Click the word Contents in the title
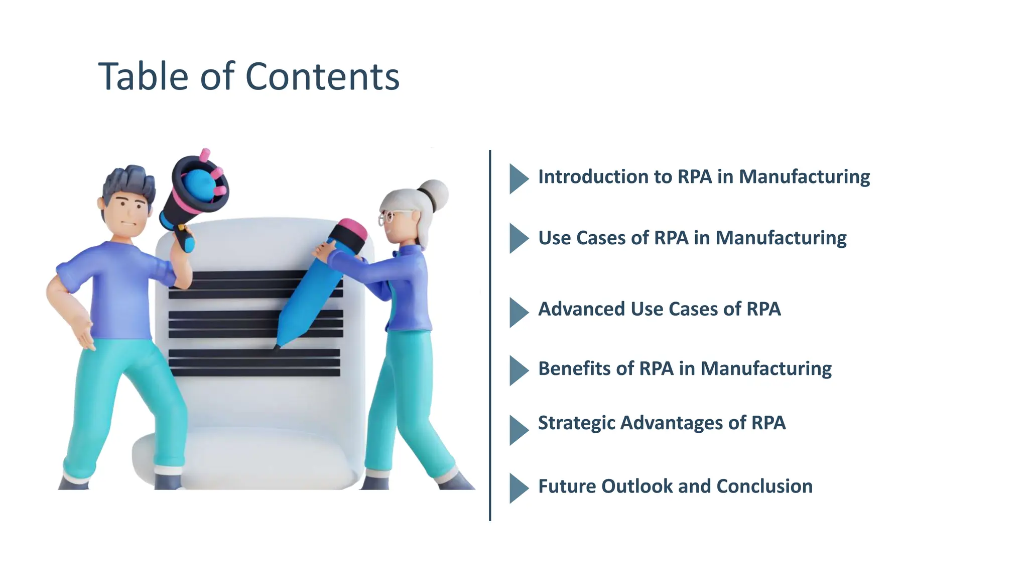322,77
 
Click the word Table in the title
144,77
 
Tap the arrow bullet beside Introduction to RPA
518,178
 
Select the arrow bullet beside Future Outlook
518,488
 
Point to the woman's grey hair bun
435,193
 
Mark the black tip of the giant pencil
277,346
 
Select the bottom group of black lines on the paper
254,363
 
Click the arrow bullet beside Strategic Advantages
518,430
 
